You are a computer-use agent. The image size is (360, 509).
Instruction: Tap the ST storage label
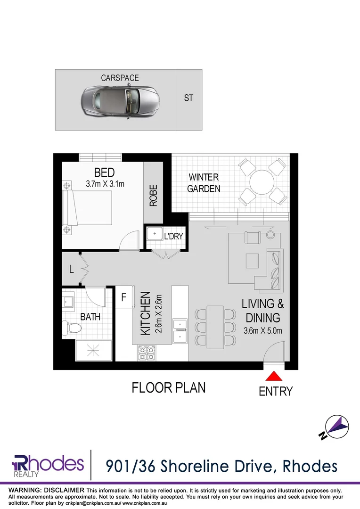click(x=188, y=99)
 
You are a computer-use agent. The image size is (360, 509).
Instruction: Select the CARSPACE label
click(x=120, y=78)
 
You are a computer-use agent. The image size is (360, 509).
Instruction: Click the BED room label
click(x=104, y=172)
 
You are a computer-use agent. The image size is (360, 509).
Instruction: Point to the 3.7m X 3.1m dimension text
click(x=105, y=184)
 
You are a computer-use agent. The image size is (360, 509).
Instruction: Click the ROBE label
click(x=153, y=195)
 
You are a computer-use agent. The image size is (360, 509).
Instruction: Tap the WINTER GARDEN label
click(x=204, y=183)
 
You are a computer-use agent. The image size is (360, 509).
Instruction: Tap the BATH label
click(x=90, y=317)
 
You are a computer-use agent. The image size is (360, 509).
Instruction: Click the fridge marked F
click(x=124, y=298)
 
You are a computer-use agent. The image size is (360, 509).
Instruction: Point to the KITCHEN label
click(x=146, y=313)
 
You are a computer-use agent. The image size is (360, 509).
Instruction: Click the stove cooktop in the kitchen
click(x=146, y=352)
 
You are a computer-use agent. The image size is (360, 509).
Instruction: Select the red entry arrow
click(x=274, y=376)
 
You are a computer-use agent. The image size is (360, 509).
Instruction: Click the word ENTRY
click(x=276, y=391)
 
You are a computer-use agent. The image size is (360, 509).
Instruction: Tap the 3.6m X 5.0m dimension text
click(x=262, y=330)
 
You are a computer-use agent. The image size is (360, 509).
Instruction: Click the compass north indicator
click(x=336, y=427)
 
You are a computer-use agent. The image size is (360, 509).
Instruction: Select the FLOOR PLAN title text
click(x=168, y=388)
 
